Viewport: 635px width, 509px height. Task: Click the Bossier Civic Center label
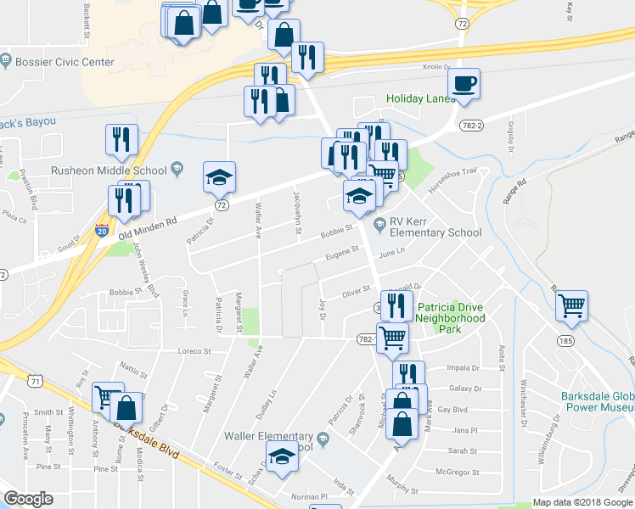tap(64, 62)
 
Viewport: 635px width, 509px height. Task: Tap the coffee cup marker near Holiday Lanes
tap(464, 85)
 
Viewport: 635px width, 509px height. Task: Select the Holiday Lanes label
tap(421, 98)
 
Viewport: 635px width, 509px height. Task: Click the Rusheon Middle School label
tap(97, 170)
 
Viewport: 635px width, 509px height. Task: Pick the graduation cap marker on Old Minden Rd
tap(219, 177)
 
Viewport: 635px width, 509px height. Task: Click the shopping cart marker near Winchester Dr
tap(572, 305)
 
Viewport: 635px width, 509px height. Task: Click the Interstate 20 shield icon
tap(101, 232)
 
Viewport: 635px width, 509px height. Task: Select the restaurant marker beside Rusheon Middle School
tap(121, 141)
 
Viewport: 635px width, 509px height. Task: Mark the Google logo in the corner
tap(29, 499)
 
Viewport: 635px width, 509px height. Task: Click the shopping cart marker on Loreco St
tap(392, 338)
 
